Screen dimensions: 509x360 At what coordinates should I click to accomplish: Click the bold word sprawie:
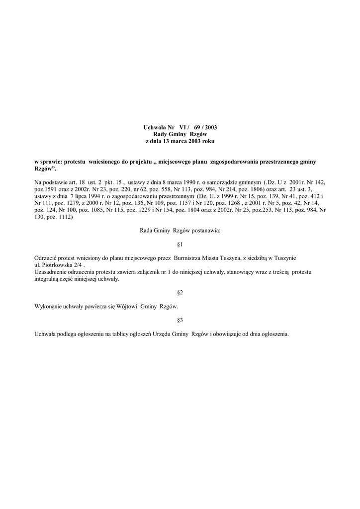tap(52, 162)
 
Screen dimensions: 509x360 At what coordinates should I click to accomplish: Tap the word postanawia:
tap(206, 231)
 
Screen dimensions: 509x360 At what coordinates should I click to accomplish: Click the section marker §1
tap(180, 245)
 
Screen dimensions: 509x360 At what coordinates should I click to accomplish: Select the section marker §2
tap(180, 293)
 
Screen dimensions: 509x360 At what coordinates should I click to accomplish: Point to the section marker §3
tap(180, 321)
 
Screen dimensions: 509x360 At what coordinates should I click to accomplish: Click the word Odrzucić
tap(45, 258)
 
